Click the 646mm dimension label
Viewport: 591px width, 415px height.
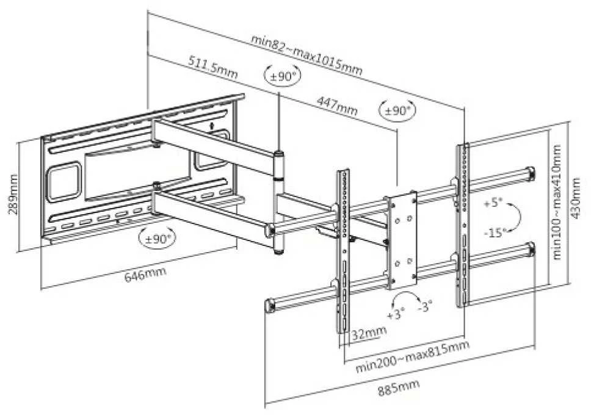point(145,273)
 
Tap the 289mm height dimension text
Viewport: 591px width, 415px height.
point(13,194)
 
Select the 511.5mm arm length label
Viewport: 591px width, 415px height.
point(213,67)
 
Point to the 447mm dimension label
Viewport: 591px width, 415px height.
point(337,106)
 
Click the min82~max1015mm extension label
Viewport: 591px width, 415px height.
point(307,55)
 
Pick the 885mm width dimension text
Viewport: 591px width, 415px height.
point(399,388)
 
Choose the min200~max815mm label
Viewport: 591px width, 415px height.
point(412,356)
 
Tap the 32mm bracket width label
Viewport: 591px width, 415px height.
point(369,333)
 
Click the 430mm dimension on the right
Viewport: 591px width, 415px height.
point(576,198)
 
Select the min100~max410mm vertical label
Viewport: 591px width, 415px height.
point(557,201)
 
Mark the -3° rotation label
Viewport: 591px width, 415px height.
point(425,306)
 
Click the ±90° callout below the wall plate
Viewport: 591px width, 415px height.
point(157,238)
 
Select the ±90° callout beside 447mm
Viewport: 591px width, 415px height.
point(397,110)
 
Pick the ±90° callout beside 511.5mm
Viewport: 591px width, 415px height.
point(282,76)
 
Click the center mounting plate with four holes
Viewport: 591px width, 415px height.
point(402,240)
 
